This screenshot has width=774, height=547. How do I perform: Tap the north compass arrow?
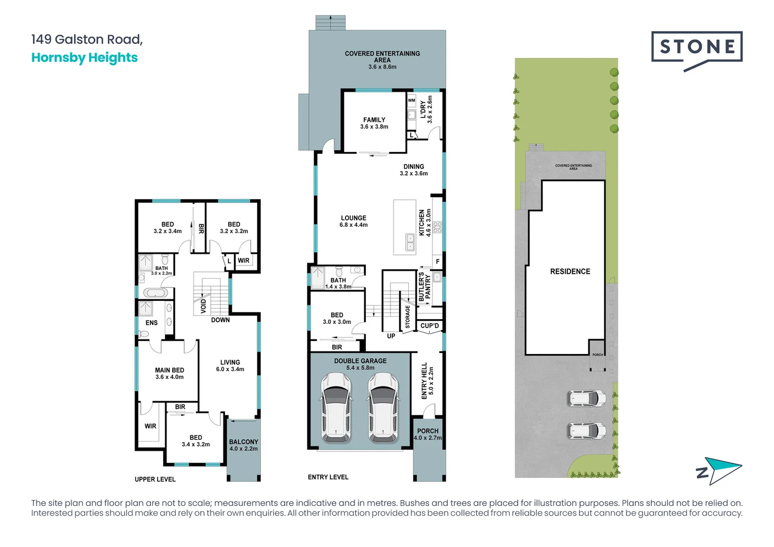(719, 471)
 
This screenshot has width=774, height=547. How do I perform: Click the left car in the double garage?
(336, 407)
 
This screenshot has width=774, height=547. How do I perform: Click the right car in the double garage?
(383, 407)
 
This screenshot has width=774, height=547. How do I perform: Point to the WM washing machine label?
(411, 100)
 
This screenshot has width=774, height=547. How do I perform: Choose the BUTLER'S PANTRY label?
(424, 287)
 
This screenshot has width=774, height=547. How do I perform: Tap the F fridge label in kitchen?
(438, 261)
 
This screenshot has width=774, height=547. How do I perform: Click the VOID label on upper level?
(203, 305)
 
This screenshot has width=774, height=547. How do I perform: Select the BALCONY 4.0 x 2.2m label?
(243, 445)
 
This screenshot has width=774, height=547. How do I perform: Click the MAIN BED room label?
(169, 373)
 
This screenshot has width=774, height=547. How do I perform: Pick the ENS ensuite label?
(151, 323)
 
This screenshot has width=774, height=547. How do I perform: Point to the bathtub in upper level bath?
(155, 293)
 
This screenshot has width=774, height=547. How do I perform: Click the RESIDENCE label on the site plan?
(570, 271)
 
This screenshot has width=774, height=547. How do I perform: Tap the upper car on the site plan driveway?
(586, 399)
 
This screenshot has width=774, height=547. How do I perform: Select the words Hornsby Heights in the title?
(84, 58)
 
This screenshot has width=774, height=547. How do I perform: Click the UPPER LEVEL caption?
(155, 479)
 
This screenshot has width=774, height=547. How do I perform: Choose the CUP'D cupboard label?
(430, 326)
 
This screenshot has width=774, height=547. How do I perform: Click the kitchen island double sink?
(410, 242)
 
